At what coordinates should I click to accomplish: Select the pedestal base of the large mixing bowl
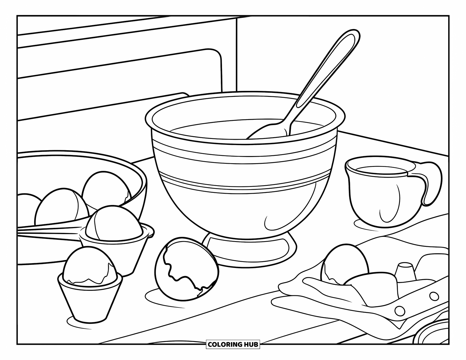click(249, 248)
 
